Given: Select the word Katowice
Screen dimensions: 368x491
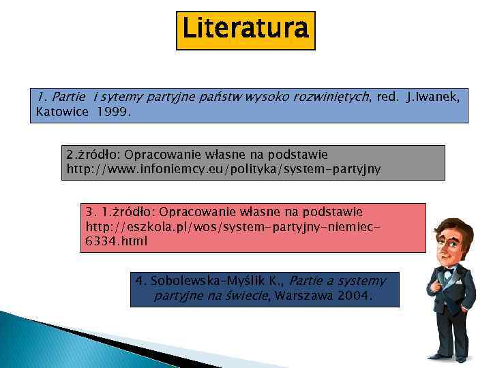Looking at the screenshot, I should pos(62,111).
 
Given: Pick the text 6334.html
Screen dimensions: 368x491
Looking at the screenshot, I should pos(117,241).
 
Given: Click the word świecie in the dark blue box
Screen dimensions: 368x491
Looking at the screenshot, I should pos(249,296).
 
